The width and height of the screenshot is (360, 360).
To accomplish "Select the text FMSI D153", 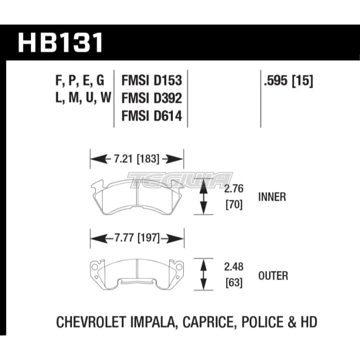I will (x=152, y=81).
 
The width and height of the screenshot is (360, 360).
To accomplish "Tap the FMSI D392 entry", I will (x=152, y=98).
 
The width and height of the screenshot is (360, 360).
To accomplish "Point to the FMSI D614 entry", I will (x=152, y=116).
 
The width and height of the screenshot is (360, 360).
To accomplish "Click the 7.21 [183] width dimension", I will (x=137, y=158).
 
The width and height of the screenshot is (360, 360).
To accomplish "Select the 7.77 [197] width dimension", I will (x=137, y=238).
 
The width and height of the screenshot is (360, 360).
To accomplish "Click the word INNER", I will (x=272, y=197).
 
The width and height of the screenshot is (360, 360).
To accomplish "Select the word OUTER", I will (x=273, y=276).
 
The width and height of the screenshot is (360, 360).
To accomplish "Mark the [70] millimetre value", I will (x=234, y=205).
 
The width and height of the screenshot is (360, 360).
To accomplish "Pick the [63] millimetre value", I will (x=234, y=283).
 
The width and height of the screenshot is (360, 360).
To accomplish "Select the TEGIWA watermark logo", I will (x=180, y=180).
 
